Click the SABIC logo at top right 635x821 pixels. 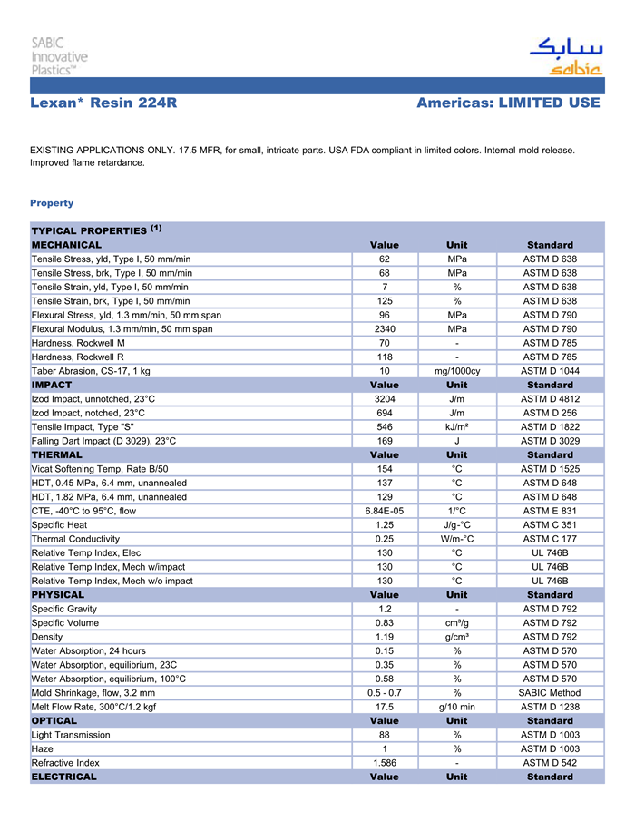point(565,56)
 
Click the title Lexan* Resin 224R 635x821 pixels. point(103,103)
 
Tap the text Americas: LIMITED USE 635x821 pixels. point(508,103)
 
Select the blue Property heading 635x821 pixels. point(52,203)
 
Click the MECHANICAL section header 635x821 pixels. point(67,245)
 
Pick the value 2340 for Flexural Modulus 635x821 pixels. point(384,329)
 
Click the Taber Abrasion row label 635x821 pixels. point(91,371)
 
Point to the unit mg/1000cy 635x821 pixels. point(457,371)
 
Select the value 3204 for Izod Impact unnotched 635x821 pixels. point(384,399)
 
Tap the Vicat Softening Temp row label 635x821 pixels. point(100,469)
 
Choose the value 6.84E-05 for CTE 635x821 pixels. point(384,511)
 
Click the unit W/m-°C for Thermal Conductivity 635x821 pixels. point(457,539)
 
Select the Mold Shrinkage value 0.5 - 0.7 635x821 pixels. point(384,692)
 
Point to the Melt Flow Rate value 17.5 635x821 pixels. point(384,707)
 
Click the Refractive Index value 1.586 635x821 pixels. point(384,763)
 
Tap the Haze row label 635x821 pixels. point(43,748)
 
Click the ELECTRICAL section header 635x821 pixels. point(63,777)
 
